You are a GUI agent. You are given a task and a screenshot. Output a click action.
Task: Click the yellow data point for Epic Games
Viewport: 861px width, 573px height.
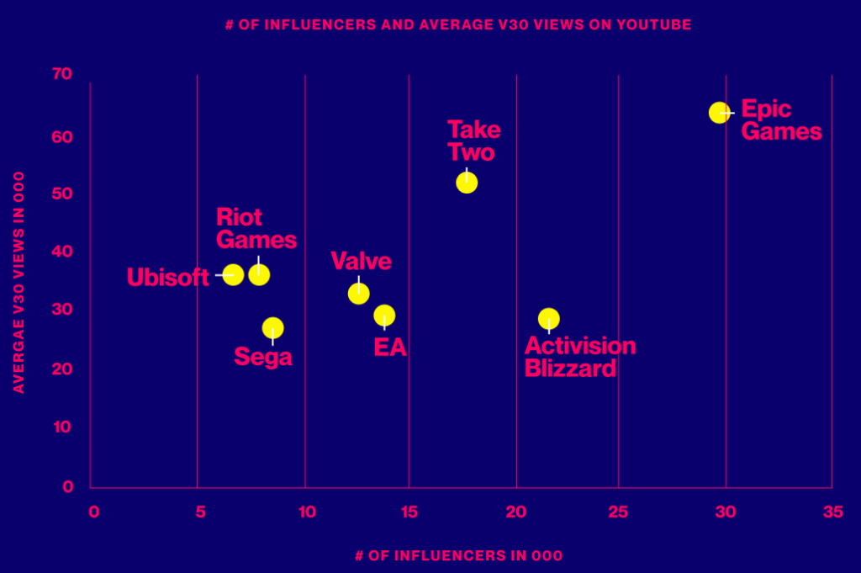(x=719, y=112)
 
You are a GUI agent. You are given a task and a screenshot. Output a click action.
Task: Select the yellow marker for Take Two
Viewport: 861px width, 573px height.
(x=467, y=183)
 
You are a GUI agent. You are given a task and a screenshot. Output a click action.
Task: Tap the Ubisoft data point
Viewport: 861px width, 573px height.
(x=233, y=274)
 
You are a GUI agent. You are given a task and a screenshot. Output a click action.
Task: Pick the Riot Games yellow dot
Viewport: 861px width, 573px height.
(x=259, y=274)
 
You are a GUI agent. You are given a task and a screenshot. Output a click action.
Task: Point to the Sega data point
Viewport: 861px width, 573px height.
(x=272, y=327)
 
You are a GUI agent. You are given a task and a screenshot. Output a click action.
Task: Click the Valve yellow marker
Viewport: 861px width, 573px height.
(x=359, y=293)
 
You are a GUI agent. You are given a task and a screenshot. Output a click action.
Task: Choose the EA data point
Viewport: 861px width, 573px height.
(x=384, y=316)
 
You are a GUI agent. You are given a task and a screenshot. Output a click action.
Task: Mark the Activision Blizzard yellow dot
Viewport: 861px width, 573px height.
(x=549, y=319)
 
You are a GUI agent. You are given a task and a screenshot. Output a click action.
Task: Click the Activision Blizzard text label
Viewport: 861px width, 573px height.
(x=579, y=357)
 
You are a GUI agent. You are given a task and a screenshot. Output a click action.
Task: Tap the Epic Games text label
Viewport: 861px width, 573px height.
(x=780, y=120)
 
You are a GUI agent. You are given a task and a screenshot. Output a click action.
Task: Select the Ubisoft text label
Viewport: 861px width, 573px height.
(x=167, y=277)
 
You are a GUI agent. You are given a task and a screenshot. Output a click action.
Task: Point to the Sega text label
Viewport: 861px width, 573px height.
(x=263, y=357)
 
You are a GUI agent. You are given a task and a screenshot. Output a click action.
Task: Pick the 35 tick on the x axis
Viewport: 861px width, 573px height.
(x=832, y=512)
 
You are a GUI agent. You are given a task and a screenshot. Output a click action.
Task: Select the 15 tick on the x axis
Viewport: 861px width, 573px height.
(x=409, y=512)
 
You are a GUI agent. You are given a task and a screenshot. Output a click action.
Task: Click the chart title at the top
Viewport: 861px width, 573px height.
(x=458, y=24)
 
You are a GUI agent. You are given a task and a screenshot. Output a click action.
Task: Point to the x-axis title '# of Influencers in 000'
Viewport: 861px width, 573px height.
(x=458, y=555)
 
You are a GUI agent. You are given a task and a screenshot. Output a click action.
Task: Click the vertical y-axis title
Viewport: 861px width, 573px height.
(x=18, y=283)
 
